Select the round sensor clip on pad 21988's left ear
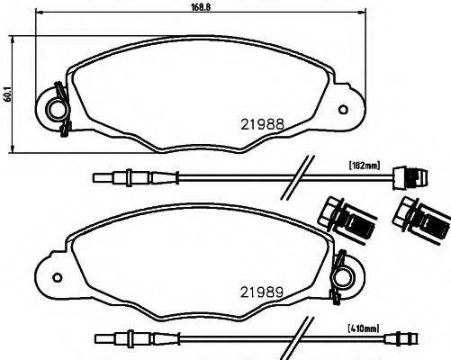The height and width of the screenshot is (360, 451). pos(57,108)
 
